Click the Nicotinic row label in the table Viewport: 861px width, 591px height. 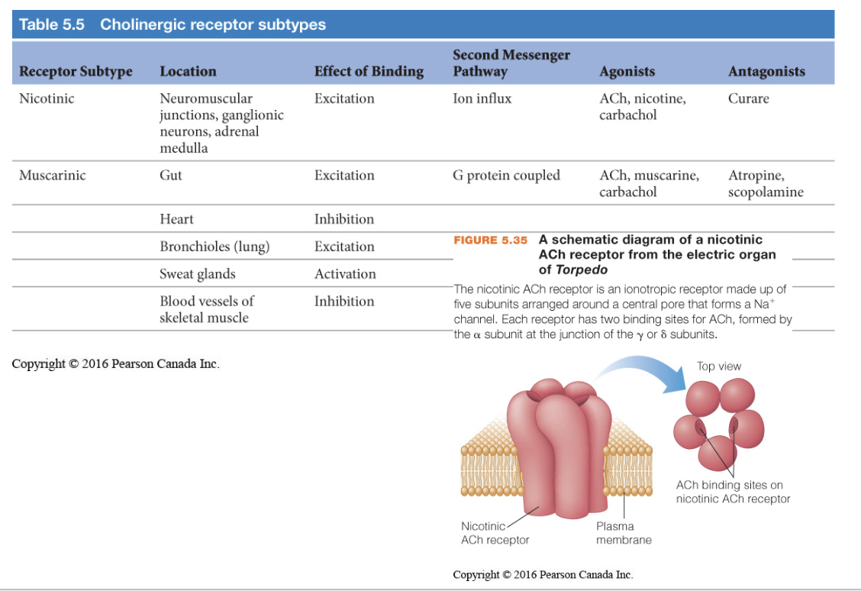coord(47,98)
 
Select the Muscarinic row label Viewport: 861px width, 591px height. coord(52,176)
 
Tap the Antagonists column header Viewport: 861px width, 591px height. coord(766,71)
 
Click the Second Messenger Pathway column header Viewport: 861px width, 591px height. coord(511,63)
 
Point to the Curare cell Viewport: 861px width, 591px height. coord(748,98)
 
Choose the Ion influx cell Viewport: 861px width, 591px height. coord(482,98)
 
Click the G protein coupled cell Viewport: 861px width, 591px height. coord(506,176)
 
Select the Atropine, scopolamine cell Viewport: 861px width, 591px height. coord(766,183)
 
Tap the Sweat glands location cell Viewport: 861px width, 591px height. coord(197,274)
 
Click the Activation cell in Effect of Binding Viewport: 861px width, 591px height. coord(345,274)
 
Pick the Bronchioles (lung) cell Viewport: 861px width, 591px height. coord(214,247)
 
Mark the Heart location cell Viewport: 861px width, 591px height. coord(176,219)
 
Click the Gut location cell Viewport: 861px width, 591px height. coord(171,176)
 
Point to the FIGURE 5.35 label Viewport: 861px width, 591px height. coord(490,240)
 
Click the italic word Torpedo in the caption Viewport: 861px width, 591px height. coord(581,270)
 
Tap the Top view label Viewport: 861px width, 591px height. coord(718,367)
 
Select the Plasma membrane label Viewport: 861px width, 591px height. coord(624,533)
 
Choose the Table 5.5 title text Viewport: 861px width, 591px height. coord(172,24)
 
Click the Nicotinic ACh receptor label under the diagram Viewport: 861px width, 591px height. coord(495,533)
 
